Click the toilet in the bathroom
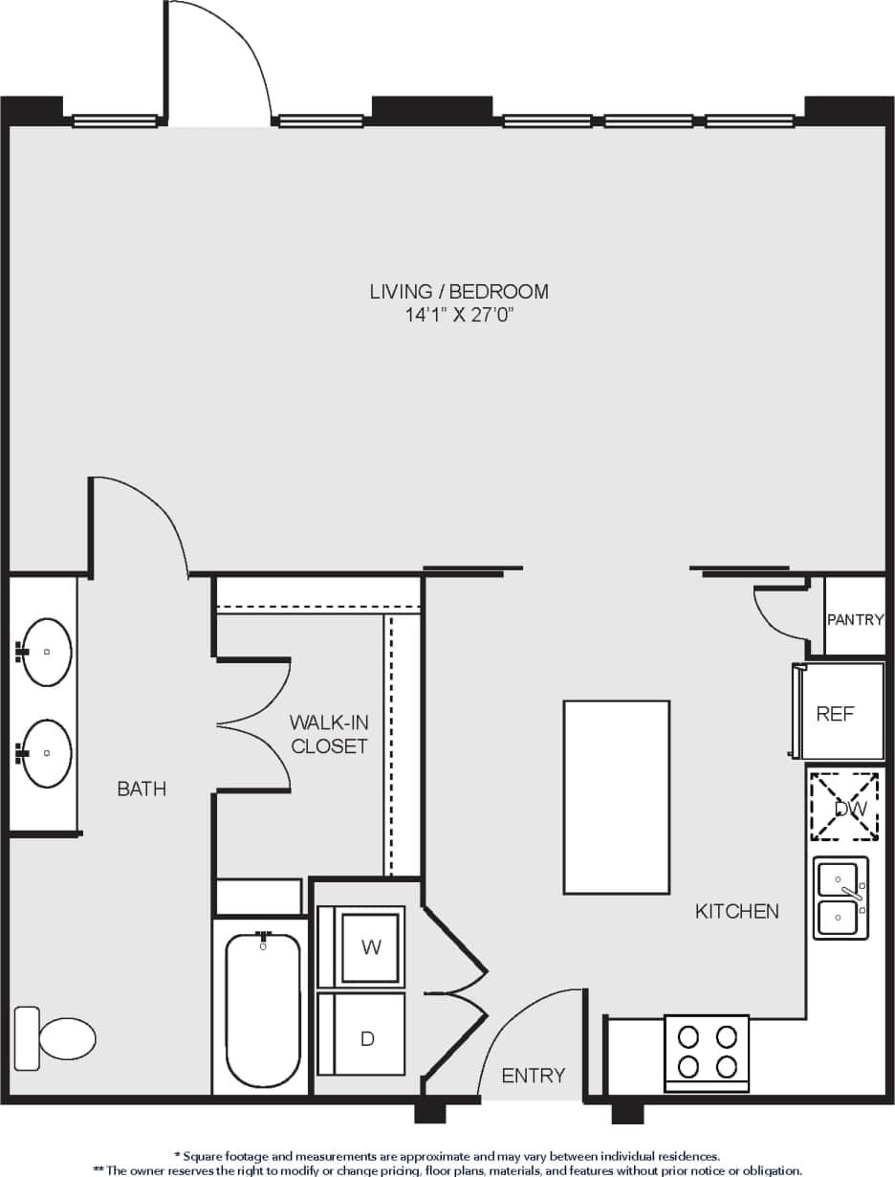click(x=57, y=1038)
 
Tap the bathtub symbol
click(x=263, y=1010)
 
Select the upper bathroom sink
click(x=47, y=652)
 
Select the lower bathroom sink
click(x=47, y=753)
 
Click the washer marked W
click(x=371, y=946)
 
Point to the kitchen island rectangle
click(x=616, y=796)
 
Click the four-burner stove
click(x=707, y=1051)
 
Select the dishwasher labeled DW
click(x=844, y=807)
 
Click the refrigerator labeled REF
click(x=837, y=713)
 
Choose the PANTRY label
click(x=855, y=619)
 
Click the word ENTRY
click(x=534, y=1076)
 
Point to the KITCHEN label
click(x=736, y=911)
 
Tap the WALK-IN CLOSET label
click(x=329, y=734)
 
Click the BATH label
click(x=142, y=788)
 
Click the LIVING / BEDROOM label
click(x=459, y=291)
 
